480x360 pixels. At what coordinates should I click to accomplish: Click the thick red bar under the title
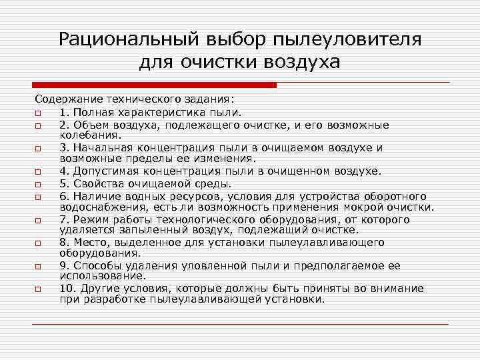click(155, 85)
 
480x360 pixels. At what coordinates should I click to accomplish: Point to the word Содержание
click(66, 101)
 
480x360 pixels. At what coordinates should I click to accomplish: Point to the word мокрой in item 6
click(370, 207)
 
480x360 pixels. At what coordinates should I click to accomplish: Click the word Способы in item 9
click(94, 265)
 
